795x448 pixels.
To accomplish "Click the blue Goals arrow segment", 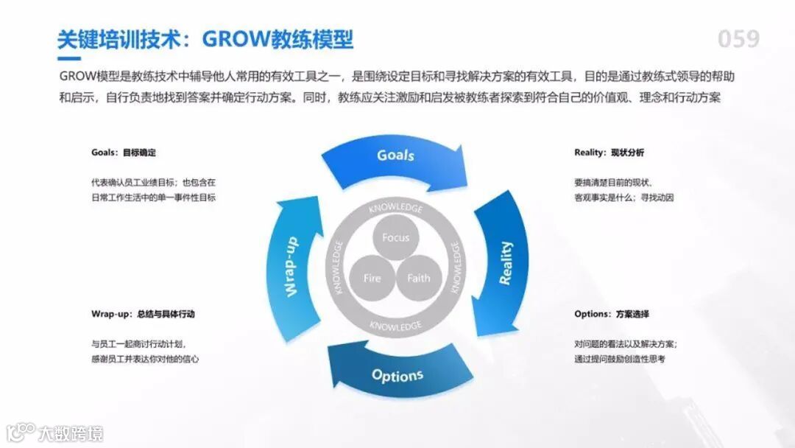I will pyautogui.click(x=395, y=156).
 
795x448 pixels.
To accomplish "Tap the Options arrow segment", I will pyautogui.click(x=397, y=375).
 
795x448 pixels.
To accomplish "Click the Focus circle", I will pyautogui.click(x=395, y=237).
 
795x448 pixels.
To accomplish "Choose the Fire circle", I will pyautogui.click(x=372, y=278).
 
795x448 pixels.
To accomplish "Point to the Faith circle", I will pyautogui.click(x=418, y=278).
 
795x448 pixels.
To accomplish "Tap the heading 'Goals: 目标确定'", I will pyautogui.click(x=124, y=153).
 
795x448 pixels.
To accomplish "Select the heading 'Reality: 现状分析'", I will pyautogui.click(x=609, y=153).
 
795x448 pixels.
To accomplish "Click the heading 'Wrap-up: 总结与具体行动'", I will pyautogui.click(x=143, y=314).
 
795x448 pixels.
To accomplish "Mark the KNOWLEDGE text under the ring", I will pyautogui.click(x=395, y=325).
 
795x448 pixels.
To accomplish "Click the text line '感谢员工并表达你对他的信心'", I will pyautogui.click(x=145, y=359).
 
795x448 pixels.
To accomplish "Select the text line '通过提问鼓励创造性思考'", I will pyautogui.click(x=620, y=359).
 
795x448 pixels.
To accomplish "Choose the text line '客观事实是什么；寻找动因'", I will pyautogui.click(x=623, y=197).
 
